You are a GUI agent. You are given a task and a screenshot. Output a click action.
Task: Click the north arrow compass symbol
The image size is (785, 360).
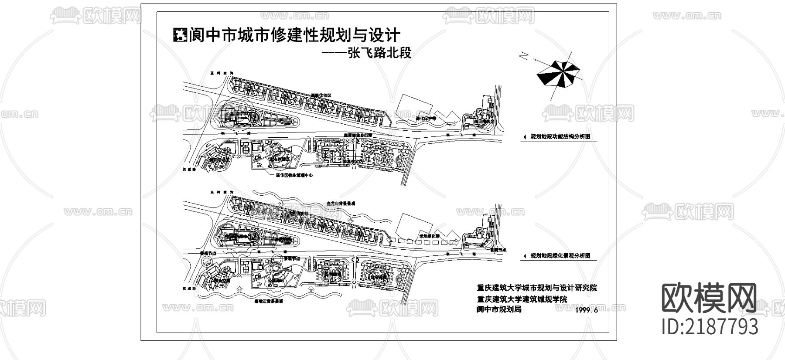coord(560,73)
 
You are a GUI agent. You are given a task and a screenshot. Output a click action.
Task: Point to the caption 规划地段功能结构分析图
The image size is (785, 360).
coord(560,136)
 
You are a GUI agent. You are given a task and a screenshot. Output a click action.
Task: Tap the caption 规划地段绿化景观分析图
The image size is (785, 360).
coord(560,256)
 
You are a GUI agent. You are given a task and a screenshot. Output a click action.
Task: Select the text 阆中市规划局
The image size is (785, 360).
coord(499,310)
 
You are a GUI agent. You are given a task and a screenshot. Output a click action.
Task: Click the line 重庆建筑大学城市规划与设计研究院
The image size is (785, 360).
coord(537,288)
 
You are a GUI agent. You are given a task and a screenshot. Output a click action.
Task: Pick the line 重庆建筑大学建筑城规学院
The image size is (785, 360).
coord(522,299)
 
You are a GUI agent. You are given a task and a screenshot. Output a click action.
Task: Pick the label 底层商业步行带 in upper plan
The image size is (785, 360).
coord(358,136)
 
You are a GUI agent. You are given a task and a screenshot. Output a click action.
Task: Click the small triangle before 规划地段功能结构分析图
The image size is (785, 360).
coord(524,137)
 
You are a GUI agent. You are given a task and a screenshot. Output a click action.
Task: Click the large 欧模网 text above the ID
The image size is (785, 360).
coord(709,299)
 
